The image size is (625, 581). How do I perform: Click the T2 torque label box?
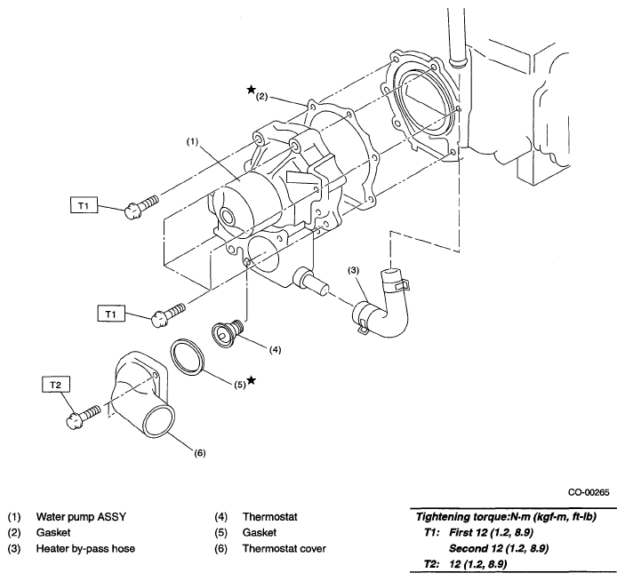point(56,385)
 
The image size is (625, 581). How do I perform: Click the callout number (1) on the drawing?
point(192,142)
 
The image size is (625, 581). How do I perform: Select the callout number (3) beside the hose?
point(353,271)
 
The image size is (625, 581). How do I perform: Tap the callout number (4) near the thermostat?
point(275,350)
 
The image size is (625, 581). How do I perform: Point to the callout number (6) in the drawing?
point(200,453)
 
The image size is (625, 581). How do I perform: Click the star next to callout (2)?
point(251,89)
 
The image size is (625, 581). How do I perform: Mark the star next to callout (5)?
point(251,380)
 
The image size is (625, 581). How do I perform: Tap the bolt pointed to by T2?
point(84,416)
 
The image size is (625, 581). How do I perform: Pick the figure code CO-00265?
point(589,492)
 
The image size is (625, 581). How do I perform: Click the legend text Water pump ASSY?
point(81,517)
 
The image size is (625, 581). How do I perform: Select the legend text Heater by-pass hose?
point(85,549)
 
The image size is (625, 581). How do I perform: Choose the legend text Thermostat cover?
point(284,549)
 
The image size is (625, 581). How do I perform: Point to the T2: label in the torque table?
point(432,564)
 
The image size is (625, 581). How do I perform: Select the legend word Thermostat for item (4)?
point(270,517)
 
